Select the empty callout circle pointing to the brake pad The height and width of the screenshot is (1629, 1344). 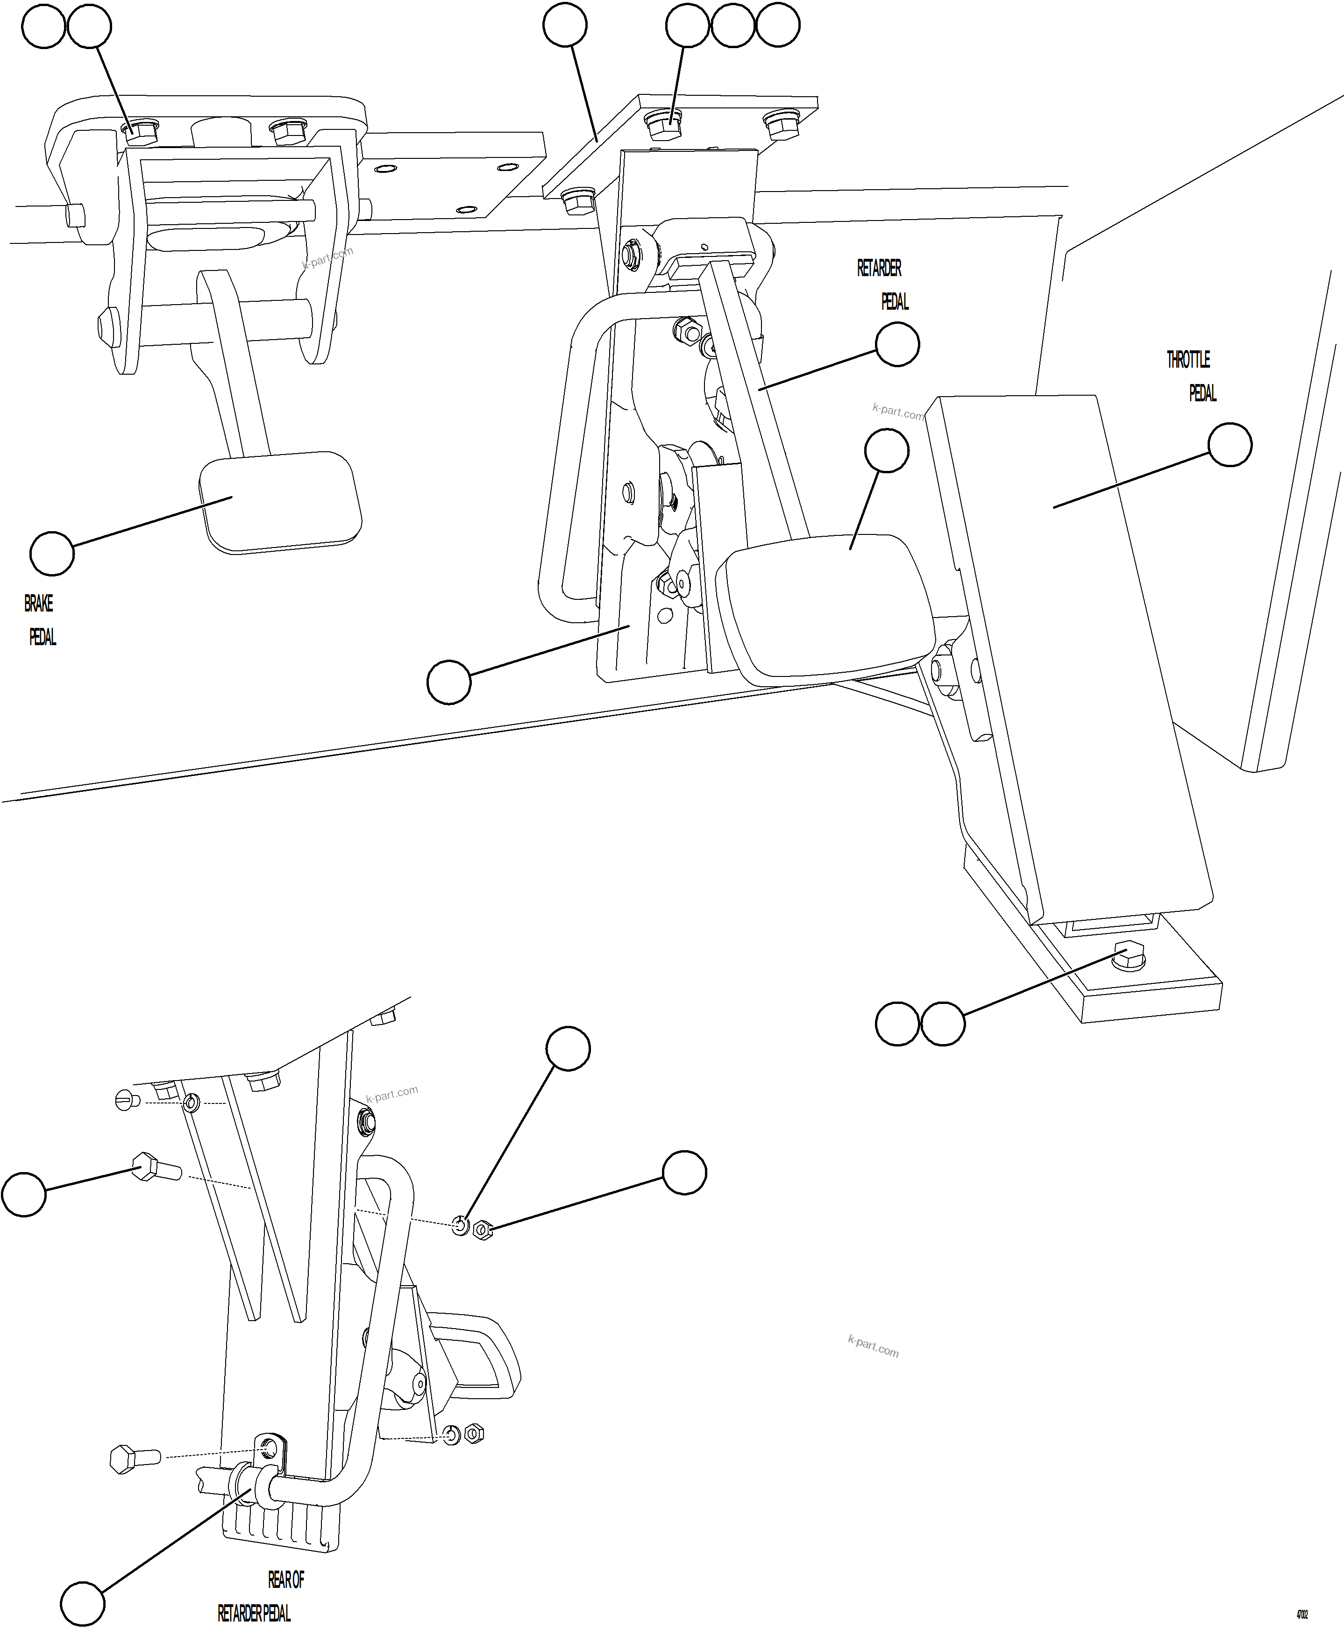[x=52, y=554]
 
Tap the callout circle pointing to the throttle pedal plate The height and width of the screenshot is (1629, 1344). [x=1230, y=445]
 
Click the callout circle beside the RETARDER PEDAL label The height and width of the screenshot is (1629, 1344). [x=897, y=345]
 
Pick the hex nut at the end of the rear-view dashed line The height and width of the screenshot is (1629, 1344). [x=482, y=1229]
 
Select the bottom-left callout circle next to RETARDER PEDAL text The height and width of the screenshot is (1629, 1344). [x=83, y=1598]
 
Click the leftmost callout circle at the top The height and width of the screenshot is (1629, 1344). [x=43, y=27]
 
